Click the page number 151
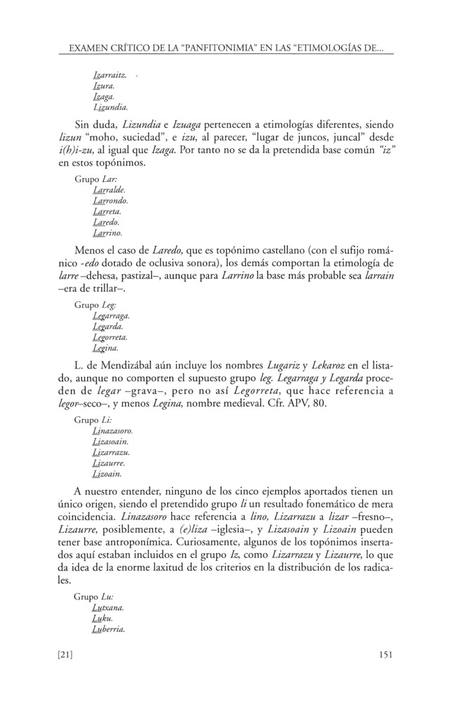[383, 655]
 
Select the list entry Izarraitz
[111, 74]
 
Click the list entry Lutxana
[108, 607]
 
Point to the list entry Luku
[103, 618]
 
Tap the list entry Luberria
[109, 629]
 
